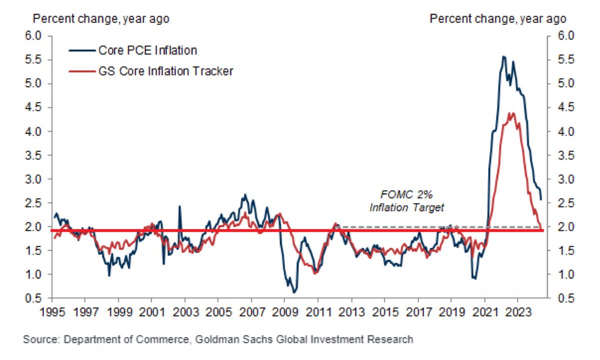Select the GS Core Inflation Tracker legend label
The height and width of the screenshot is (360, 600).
click(x=165, y=71)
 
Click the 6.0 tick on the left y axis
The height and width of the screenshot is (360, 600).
click(x=39, y=36)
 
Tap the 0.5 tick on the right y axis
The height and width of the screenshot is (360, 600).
click(x=559, y=298)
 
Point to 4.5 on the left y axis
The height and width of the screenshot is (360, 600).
click(x=39, y=107)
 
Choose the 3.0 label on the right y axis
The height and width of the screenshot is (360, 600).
click(x=559, y=179)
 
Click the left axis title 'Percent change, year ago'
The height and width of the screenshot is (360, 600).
click(x=101, y=19)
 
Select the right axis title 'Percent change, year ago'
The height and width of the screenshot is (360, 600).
click(x=498, y=19)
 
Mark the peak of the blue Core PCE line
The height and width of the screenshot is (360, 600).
click(x=503, y=56)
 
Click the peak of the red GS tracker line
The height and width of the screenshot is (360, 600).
click(x=511, y=113)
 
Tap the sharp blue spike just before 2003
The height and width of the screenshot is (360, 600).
click(x=179, y=206)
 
